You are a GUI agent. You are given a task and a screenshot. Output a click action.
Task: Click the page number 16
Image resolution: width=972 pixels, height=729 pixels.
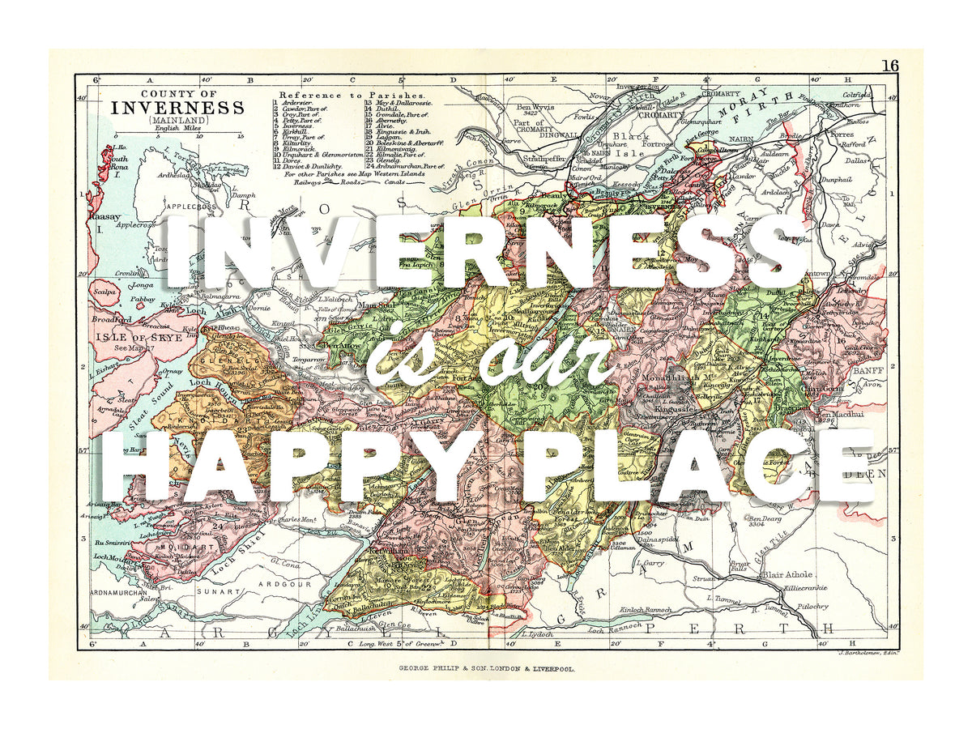889,66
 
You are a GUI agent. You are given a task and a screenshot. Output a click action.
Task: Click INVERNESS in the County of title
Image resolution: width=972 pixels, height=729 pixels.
177,107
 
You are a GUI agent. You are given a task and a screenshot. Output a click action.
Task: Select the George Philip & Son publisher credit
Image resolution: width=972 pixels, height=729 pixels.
486,669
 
